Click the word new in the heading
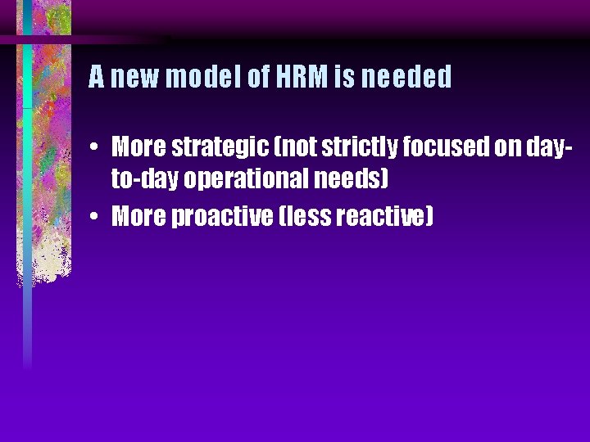[136, 78]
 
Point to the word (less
[310, 217]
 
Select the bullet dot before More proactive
[96, 218]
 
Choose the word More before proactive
[138, 217]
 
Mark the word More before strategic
[138, 148]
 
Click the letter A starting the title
[96, 78]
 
